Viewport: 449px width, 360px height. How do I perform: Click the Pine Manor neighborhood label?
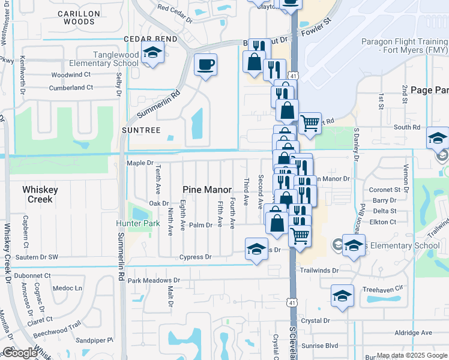click(x=207, y=189)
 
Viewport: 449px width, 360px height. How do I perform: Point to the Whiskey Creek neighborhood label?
click(x=40, y=194)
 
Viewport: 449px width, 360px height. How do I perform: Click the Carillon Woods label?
click(x=77, y=17)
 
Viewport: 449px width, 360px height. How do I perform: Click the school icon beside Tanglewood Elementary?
click(x=152, y=52)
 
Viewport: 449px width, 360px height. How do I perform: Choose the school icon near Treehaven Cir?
click(x=342, y=295)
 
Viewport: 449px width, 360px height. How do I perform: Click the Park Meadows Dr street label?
click(x=154, y=280)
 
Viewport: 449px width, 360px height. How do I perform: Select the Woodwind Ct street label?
click(x=71, y=75)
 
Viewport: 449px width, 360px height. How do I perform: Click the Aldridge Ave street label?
click(x=414, y=332)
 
